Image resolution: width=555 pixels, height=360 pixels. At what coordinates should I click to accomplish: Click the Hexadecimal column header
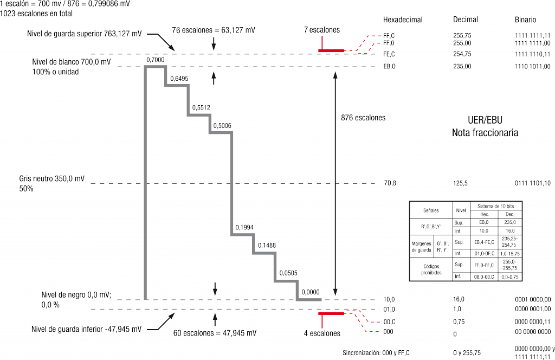click(403, 20)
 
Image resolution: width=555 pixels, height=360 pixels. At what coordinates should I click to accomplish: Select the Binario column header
click(526, 20)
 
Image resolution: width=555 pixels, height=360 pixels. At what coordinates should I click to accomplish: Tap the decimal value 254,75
click(462, 54)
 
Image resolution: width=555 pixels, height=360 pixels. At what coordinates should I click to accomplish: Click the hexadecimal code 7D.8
click(389, 183)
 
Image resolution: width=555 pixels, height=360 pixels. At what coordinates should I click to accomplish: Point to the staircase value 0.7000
click(156, 60)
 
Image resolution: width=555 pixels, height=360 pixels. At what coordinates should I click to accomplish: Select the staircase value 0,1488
click(267, 246)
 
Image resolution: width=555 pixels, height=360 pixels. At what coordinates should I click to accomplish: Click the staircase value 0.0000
click(310, 292)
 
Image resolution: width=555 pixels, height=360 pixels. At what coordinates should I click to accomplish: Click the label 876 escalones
click(363, 118)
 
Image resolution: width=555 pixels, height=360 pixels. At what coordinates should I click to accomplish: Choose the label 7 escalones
click(322, 30)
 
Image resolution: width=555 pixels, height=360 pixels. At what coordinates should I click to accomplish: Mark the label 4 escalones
click(322, 333)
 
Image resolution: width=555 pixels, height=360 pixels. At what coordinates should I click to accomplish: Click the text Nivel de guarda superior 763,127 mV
click(85, 34)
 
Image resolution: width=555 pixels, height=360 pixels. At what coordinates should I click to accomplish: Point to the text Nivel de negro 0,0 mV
click(75, 295)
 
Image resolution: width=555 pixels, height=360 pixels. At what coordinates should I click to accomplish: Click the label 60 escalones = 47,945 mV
click(215, 333)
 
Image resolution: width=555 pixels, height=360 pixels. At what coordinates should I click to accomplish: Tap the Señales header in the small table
click(431, 209)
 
